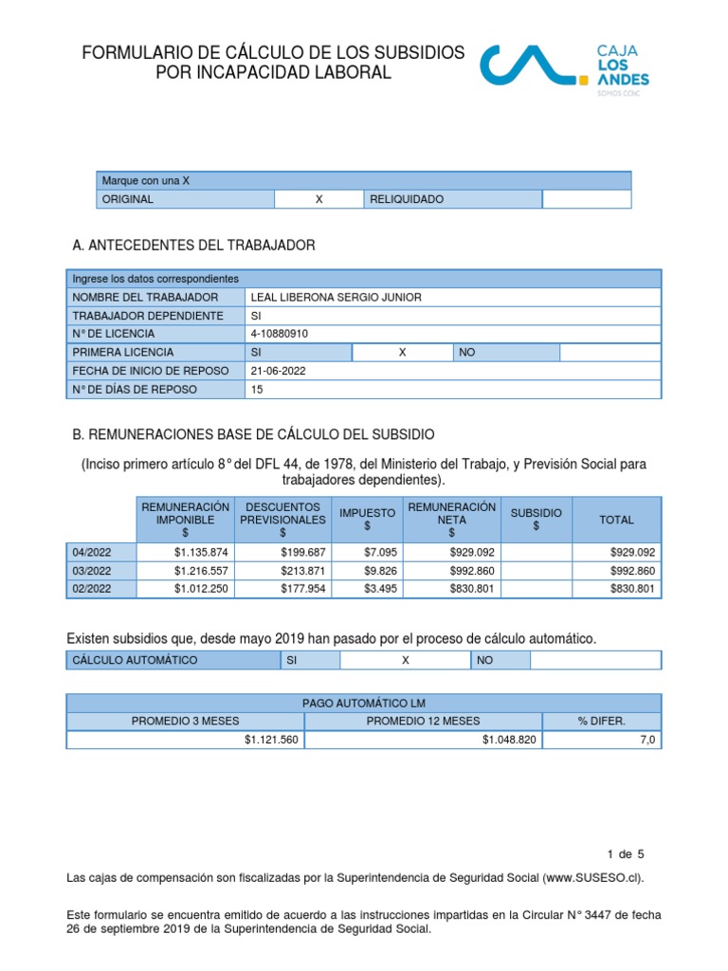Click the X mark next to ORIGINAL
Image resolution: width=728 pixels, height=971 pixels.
(x=318, y=199)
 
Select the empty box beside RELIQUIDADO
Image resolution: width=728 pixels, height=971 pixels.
(x=586, y=199)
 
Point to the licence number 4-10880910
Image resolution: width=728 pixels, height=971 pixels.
(x=279, y=334)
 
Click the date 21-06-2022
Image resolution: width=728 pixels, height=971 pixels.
(x=278, y=371)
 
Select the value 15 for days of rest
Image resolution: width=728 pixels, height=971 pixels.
(x=257, y=390)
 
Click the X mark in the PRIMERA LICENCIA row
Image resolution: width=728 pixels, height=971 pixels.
(x=402, y=352)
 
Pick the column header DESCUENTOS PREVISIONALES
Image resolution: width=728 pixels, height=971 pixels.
(x=282, y=520)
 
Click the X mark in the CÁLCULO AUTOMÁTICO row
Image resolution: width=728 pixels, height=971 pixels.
(x=405, y=660)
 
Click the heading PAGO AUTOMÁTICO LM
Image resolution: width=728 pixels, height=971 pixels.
(x=364, y=703)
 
